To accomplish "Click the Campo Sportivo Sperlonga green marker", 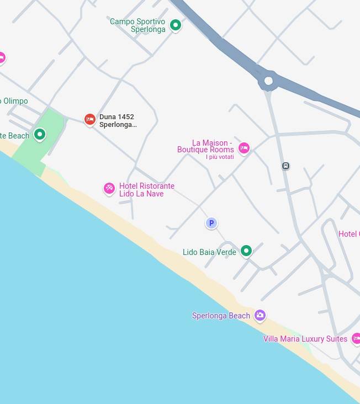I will (176, 25).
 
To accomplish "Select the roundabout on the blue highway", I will (268, 81).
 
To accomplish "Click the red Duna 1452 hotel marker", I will (90, 119).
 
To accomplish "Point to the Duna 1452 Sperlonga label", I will (117, 121).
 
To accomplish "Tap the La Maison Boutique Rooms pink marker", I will (244, 148).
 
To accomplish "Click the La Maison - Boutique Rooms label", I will (206, 146).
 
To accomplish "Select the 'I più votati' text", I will (220, 157).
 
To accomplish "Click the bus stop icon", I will (285, 166).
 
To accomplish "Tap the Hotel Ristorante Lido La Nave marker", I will (109, 189).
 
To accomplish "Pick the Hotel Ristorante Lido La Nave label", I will (146, 190).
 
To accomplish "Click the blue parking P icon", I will (211, 223).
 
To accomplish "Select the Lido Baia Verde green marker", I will (246, 251).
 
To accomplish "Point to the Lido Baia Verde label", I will (209, 252).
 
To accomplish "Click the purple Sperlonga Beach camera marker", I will (260, 315).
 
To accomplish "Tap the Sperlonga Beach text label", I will (221, 316).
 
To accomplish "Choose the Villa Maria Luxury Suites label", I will (305, 339).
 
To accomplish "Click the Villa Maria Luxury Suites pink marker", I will (356, 338).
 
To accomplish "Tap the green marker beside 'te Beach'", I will (40, 134).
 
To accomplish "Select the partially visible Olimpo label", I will (14, 101).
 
